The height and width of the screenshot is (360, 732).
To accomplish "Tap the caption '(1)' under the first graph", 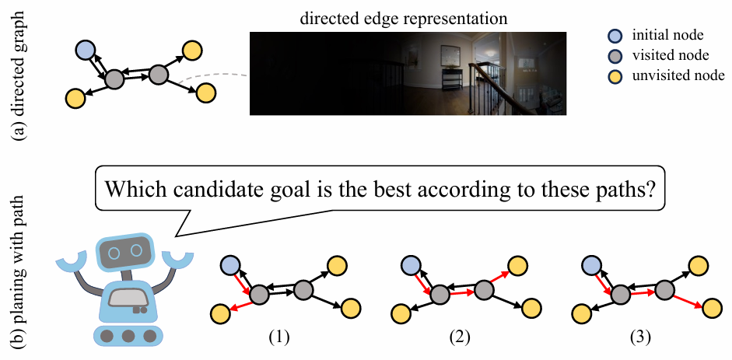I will point(278,338).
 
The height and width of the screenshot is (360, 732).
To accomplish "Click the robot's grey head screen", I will point(124,251).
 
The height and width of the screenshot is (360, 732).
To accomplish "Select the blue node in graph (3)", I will point(592,265).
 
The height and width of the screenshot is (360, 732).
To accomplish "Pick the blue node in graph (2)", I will point(410,265).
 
